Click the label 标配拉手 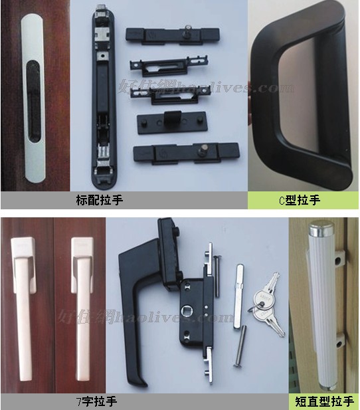coord(100,199)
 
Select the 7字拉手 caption coord(100,401)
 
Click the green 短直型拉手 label coord(324,401)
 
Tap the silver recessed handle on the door coord(33,100)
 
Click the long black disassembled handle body coord(101,100)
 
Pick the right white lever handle coord(81,292)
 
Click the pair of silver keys coord(266,303)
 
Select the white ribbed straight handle coord(321,306)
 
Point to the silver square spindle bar coord(240,296)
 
